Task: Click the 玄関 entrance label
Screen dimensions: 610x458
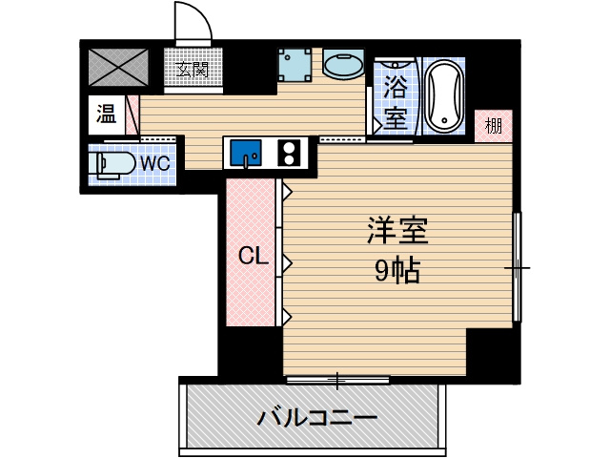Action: coord(193,70)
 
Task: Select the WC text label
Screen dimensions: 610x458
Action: coord(154,163)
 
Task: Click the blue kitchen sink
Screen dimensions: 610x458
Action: coord(246,153)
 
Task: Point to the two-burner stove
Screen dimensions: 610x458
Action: coord(289,153)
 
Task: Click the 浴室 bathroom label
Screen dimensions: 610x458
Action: coord(396,102)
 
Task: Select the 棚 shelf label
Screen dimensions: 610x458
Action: coord(494,126)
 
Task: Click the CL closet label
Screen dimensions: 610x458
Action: coord(254,257)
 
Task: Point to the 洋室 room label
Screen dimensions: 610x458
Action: coord(397,231)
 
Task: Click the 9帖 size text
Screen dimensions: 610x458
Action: coord(397,271)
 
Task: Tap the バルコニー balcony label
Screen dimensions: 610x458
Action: coord(317,419)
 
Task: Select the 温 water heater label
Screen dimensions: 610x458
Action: coord(106,114)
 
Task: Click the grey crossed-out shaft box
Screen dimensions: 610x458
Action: coord(118,67)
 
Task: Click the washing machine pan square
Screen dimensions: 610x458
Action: coord(295,65)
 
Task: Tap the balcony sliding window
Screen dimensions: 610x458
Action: coord(337,379)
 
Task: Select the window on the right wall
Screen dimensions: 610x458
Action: coord(517,267)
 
